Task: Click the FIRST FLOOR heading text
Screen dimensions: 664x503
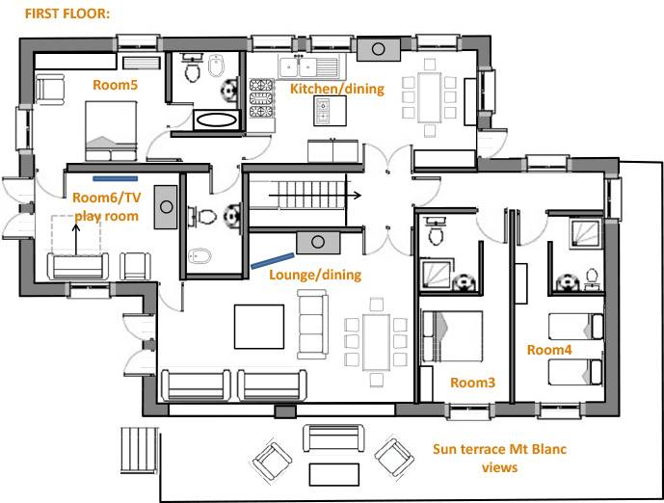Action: coord(67,13)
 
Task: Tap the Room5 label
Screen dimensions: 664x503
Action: coord(116,85)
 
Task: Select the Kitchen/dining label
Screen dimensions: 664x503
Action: coord(337,89)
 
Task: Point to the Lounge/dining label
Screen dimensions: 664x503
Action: coord(315,275)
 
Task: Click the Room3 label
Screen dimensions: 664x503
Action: coord(472,383)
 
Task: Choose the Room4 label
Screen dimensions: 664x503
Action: coord(549,350)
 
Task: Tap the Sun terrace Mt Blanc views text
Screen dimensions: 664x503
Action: coord(500,458)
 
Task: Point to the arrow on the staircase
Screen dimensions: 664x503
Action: coord(315,196)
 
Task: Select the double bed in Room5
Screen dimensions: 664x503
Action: coord(111,131)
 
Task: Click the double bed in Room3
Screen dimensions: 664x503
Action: coord(452,336)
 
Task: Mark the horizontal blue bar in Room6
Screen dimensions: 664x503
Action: coord(116,178)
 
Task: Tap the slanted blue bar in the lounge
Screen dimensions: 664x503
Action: coord(273,261)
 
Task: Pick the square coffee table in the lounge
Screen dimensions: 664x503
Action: coord(259,327)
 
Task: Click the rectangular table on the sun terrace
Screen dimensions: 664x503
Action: coord(334,474)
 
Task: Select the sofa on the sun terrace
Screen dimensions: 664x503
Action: coord(333,438)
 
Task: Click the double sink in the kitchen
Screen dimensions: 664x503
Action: coord(300,66)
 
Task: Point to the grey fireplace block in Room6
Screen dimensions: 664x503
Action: coord(166,206)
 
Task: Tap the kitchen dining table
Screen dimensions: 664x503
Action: coord(430,98)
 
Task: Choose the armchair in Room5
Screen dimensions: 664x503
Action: coord(50,90)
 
